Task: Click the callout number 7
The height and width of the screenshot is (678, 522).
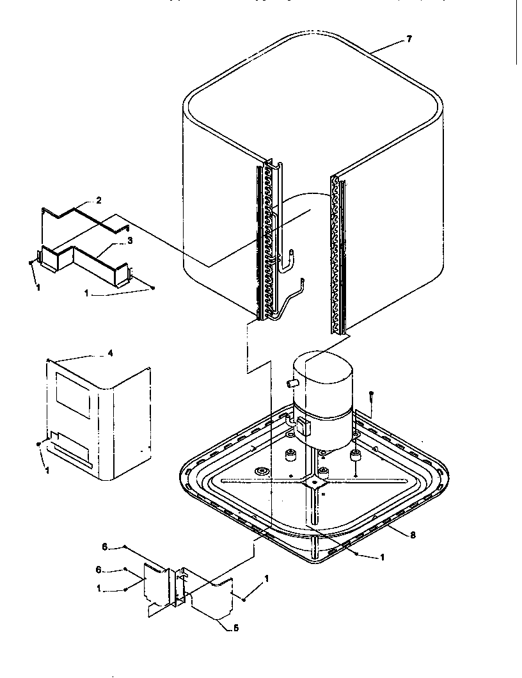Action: tap(409, 39)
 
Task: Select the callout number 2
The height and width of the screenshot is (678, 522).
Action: tap(99, 200)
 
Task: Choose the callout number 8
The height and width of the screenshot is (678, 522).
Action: tap(413, 535)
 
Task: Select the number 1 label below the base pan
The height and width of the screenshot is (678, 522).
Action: tap(382, 558)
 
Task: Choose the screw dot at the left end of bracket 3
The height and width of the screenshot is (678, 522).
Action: tap(31, 262)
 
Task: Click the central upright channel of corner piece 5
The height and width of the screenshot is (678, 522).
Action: tap(174, 586)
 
